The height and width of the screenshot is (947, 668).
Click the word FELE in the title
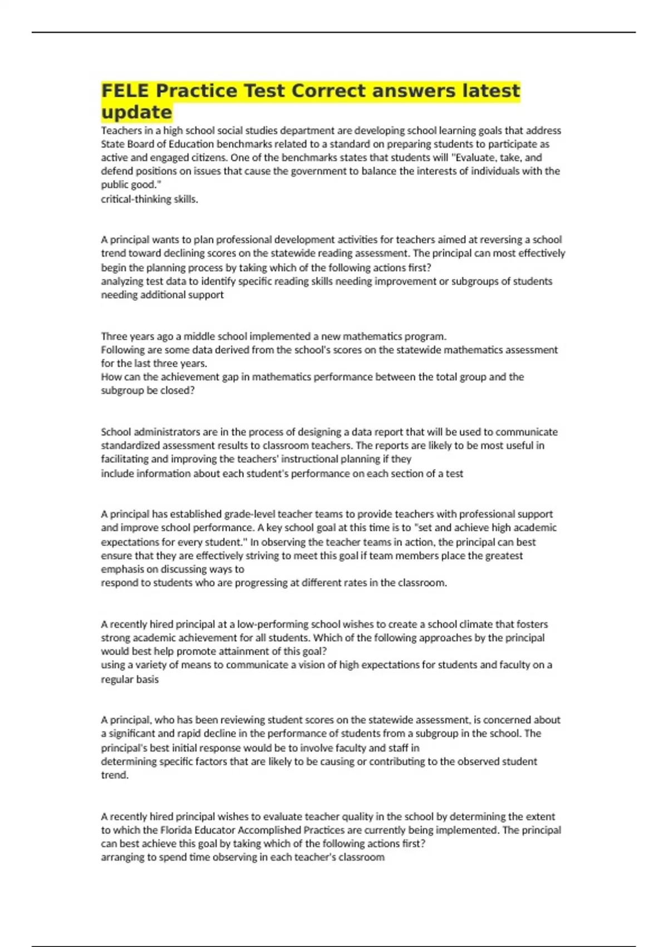click(125, 91)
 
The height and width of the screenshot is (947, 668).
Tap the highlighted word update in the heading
click(136, 113)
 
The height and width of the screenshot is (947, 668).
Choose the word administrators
click(159, 432)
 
